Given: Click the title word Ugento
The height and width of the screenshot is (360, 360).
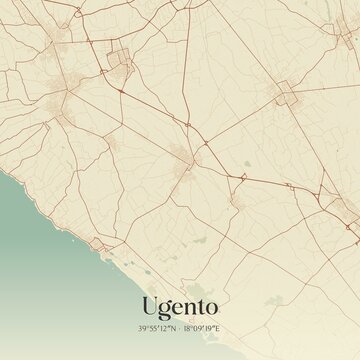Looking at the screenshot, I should pyautogui.click(x=180, y=305).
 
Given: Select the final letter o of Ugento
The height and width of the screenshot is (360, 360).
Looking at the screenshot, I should pyautogui.click(x=209, y=305).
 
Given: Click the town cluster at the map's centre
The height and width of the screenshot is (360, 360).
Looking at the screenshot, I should pyautogui.click(x=183, y=155).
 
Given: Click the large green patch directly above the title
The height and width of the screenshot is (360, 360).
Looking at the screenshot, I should pyautogui.click(x=199, y=240).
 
